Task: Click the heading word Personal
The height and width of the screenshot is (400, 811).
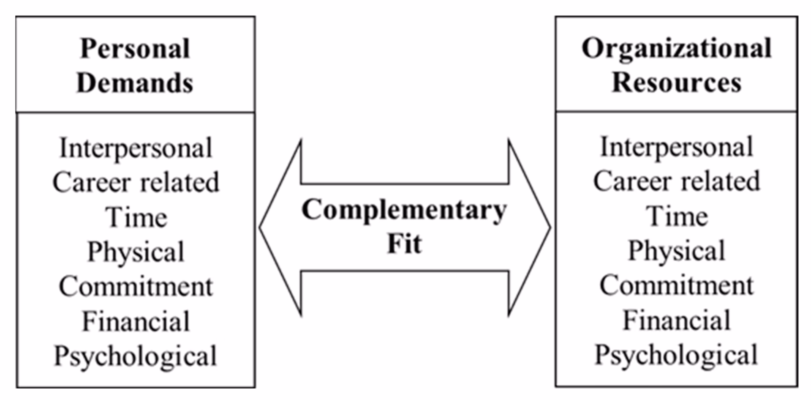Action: coord(135,49)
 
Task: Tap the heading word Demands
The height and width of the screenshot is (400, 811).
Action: coord(135,83)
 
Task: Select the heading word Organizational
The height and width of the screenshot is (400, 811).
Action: coord(676,49)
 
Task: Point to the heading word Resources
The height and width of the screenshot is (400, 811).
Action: coord(676,82)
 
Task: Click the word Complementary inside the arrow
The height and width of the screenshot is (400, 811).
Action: coord(404,210)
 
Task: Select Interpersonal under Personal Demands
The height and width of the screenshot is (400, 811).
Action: coord(136,148)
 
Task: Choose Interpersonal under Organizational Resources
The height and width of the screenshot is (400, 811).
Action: coord(676,147)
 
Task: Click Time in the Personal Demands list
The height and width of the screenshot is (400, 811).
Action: coord(136,217)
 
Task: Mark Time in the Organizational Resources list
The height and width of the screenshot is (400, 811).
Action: coord(677,216)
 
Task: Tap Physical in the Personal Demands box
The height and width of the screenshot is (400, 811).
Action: coord(136,252)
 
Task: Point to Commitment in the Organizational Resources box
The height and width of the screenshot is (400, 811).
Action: coord(676,285)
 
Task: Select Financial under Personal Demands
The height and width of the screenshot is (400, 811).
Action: coord(136,321)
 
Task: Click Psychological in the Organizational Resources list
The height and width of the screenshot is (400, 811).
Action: coord(676,355)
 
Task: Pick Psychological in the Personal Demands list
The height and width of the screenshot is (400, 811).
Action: coord(135,356)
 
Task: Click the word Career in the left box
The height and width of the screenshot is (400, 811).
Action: coord(91,183)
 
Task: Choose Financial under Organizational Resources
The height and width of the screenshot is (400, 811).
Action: coord(676,320)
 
